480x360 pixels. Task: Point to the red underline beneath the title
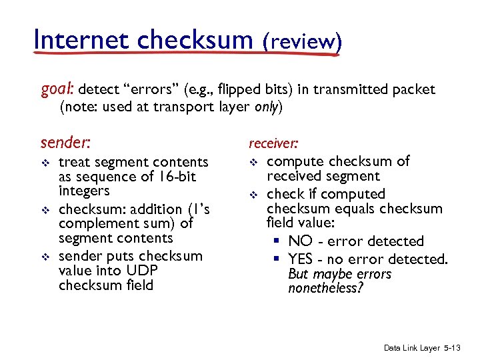pos(187,55)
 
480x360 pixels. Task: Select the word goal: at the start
pos(59,89)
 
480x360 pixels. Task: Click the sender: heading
pos(66,142)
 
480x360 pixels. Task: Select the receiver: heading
pos(273,142)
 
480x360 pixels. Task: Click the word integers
pos(84,191)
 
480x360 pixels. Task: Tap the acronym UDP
pos(141,271)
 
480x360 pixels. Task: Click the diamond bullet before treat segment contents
pos(45,163)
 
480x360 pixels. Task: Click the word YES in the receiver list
pos(301,258)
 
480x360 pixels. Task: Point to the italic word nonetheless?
pos(325,289)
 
